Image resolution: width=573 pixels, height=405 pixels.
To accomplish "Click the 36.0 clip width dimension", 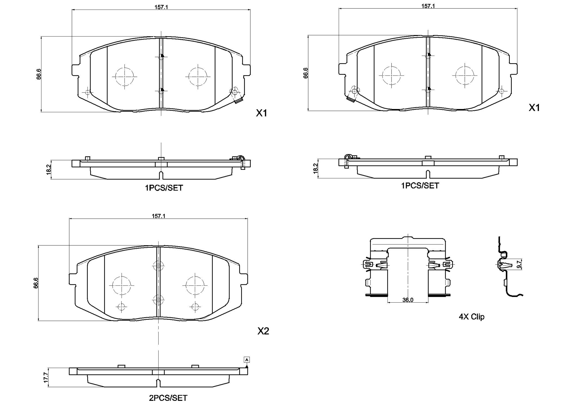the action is (x=408, y=300).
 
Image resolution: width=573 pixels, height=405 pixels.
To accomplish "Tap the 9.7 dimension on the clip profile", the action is (x=519, y=264).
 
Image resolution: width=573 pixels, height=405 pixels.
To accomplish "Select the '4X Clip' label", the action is (x=472, y=317).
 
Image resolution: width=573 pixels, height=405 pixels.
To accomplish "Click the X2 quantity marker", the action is (x=263, y=331).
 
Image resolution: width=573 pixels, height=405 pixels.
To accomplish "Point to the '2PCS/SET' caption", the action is (x=168, y=398).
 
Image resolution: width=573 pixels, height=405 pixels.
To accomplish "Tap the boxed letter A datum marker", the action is (x=247, y=360).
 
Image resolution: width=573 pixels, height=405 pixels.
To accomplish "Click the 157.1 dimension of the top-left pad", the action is (x=161, y=7).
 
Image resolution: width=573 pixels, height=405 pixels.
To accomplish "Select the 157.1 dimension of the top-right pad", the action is (x=428, y=6).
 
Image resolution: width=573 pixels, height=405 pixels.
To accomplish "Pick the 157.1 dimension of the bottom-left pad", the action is (x=159, y=216).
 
